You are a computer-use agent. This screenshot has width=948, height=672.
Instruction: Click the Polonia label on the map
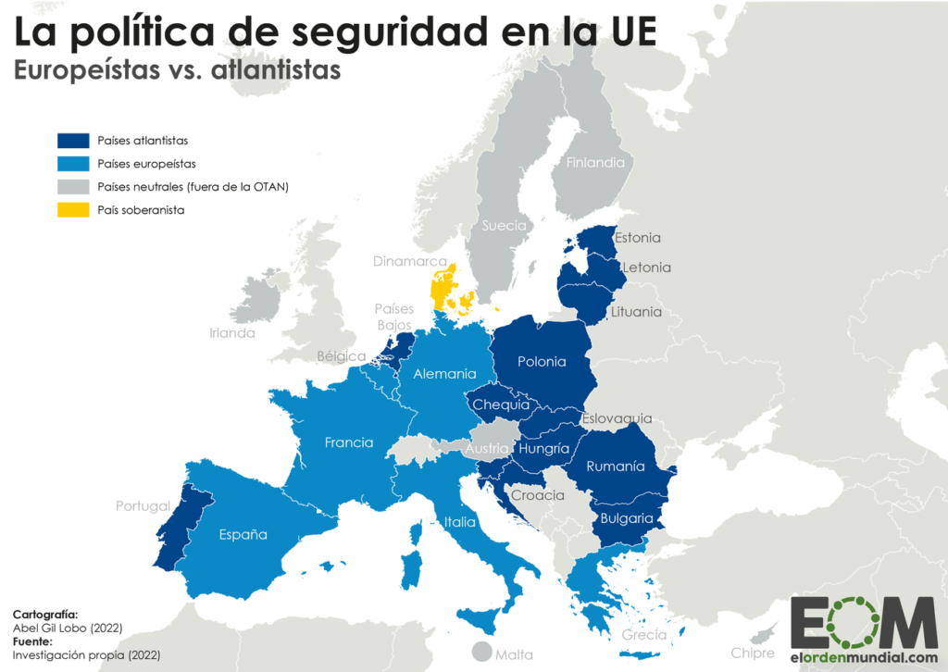pos(542,362)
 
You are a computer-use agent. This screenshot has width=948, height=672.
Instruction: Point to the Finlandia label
pos(595,162)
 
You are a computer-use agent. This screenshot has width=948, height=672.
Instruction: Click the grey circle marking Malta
pos(481,652)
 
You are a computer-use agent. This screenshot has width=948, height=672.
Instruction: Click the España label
pos(243,534)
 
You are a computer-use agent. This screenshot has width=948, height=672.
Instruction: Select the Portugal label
pos(143,506)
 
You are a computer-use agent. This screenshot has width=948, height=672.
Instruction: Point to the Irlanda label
pos(231,332)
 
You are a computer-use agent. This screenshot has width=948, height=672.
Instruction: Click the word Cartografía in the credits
pos(45,614)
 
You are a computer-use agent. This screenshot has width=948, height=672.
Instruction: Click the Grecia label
pos(643,635)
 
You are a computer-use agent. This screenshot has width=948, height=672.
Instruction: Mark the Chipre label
pos(752,653)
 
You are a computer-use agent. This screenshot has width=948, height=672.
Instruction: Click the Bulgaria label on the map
pos(627,518)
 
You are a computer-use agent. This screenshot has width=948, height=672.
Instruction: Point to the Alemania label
pos(444,374)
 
